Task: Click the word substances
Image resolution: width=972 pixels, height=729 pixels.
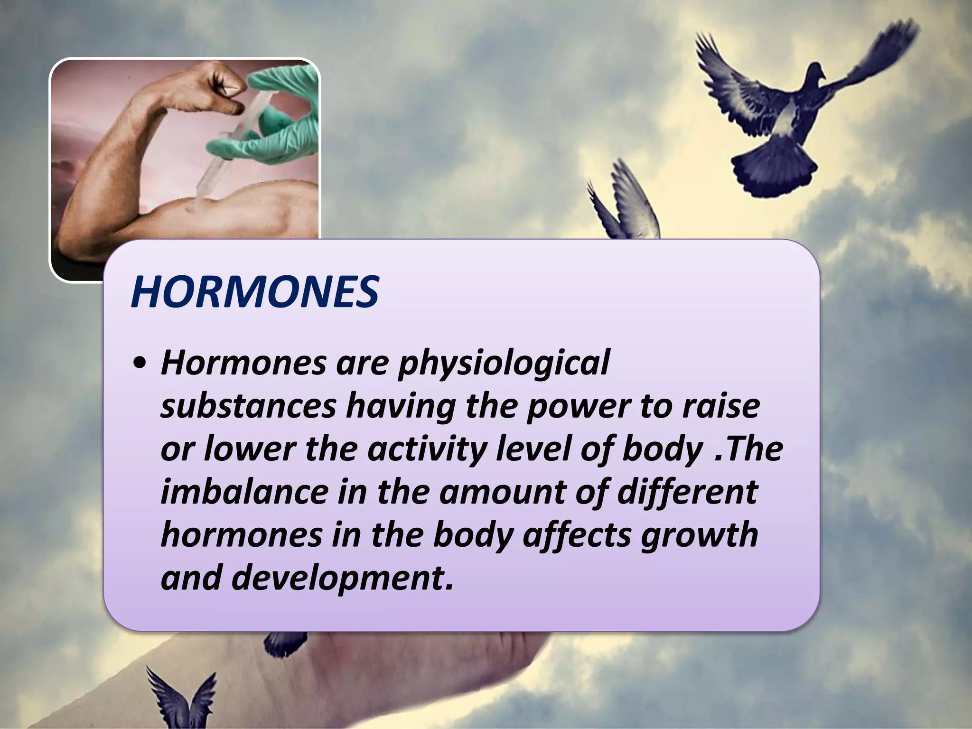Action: [247, 406]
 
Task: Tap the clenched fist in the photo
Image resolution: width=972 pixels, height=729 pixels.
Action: [223, 85]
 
